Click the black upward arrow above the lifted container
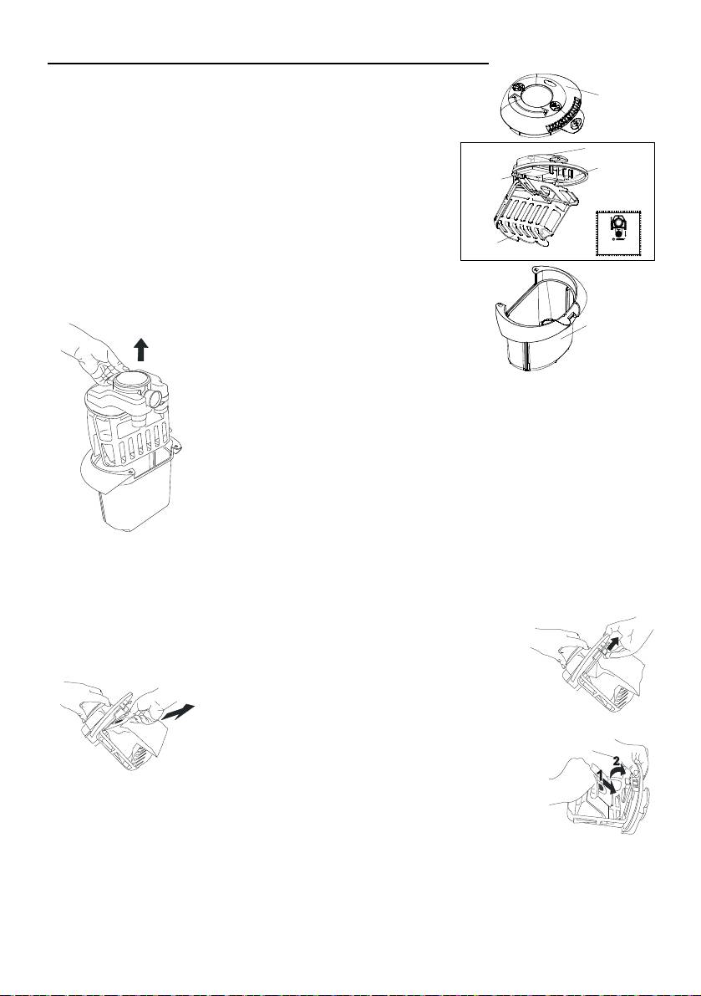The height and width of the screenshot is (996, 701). [142, 350]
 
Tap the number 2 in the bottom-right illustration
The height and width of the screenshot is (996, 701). [615, 759]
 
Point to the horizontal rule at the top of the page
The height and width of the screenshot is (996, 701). [268, 64]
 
